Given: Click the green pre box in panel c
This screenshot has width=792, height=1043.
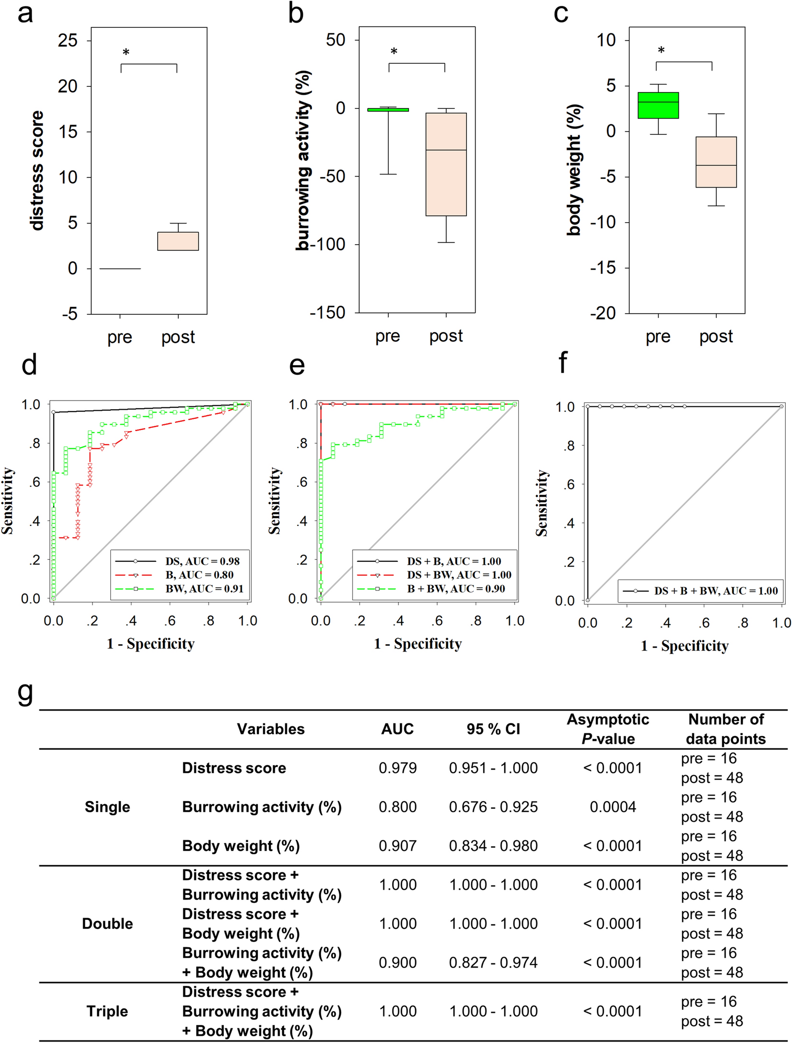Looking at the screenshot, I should point(658,105).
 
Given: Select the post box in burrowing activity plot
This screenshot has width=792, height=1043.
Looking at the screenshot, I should point(446,164).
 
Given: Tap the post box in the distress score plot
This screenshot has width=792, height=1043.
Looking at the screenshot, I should point(178,241).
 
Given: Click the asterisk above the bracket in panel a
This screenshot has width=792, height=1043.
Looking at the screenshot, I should point(126,52).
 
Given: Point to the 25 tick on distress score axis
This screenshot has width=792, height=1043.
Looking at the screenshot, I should point(68,40).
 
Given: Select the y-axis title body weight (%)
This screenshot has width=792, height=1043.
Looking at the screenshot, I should point(574,170).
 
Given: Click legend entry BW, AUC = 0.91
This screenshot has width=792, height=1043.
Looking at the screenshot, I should point(204,589).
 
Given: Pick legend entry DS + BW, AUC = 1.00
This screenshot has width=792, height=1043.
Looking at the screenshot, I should point(459,575).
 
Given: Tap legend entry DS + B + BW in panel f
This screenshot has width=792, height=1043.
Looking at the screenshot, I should point(715,591).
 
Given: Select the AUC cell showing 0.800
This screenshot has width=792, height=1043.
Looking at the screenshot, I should point(397,807).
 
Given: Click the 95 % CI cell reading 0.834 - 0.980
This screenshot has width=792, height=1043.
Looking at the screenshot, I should point(493,846).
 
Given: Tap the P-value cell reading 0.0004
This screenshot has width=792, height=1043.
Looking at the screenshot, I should point(613,807).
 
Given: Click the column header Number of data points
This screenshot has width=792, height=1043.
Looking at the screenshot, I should point(725,729).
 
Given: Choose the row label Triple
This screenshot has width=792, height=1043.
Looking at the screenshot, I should point(107,1011).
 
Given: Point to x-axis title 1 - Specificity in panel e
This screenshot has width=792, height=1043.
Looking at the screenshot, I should point(418,644).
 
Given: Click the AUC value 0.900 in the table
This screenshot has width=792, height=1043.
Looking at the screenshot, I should point(397,962).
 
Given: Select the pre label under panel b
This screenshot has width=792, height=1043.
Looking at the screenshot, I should point(387,336).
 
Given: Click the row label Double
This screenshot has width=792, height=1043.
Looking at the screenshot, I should point(107,924).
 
